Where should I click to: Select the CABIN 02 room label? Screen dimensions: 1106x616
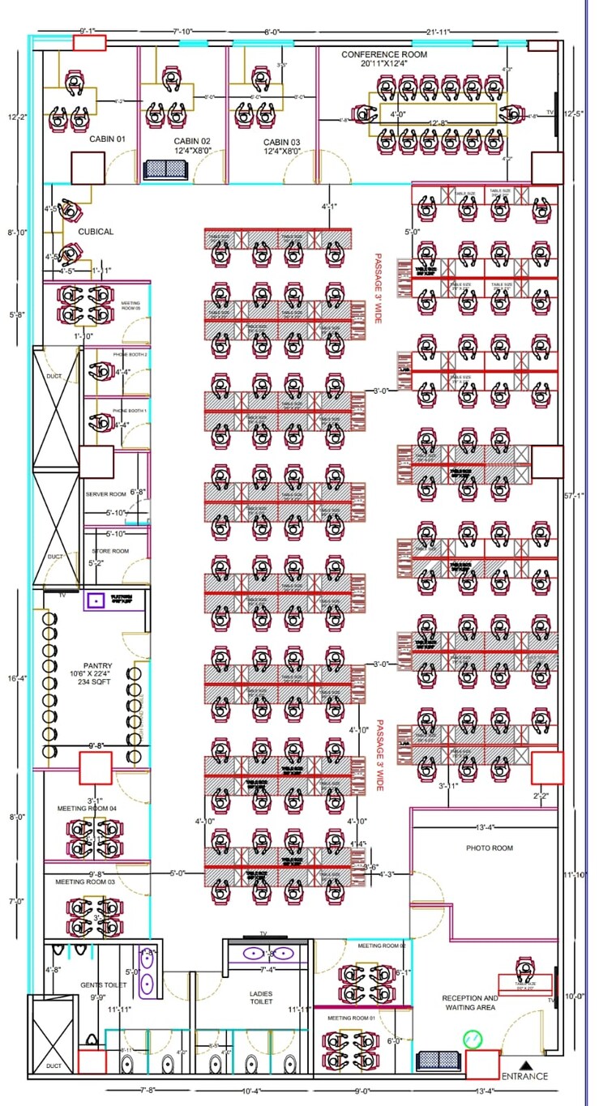(192, 141)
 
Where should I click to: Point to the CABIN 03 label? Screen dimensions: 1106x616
(281, 141)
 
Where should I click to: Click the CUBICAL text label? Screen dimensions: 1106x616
(96, 232)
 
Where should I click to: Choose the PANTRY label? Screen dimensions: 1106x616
(97, 666)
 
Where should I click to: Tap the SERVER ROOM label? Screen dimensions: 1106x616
(105, 493)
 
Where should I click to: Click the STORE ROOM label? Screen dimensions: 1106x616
(109, 551)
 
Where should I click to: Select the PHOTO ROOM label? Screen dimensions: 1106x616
(489, 848)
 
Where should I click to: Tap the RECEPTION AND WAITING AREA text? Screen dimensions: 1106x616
(470, 1002)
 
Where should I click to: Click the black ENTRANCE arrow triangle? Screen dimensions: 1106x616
(525, 1065)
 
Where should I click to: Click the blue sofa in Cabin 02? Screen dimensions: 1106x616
(165, 169)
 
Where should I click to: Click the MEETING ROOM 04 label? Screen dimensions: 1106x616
(87, 808)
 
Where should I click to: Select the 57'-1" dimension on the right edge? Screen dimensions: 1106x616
(573, 495)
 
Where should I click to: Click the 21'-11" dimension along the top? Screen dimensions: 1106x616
(438, 32)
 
